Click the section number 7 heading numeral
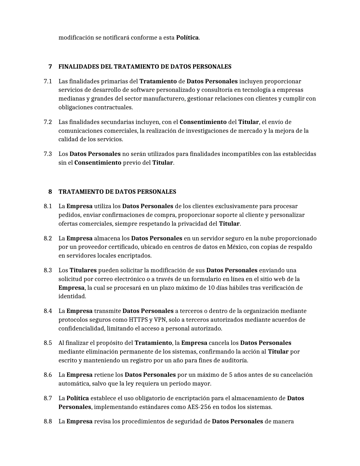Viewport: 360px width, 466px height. point(50,67)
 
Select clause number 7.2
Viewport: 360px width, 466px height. point(48,122)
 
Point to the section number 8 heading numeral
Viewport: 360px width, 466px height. point(50,192)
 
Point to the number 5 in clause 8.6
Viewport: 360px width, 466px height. point(230,375)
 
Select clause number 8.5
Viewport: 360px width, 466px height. point(48,343)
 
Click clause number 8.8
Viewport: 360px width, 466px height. point(48,421)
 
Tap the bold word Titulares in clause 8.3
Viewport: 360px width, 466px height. point(83,270)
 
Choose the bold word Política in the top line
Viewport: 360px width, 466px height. point(187,38)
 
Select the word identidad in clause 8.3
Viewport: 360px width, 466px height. point(72,296)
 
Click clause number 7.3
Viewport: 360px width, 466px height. point(48,154)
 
